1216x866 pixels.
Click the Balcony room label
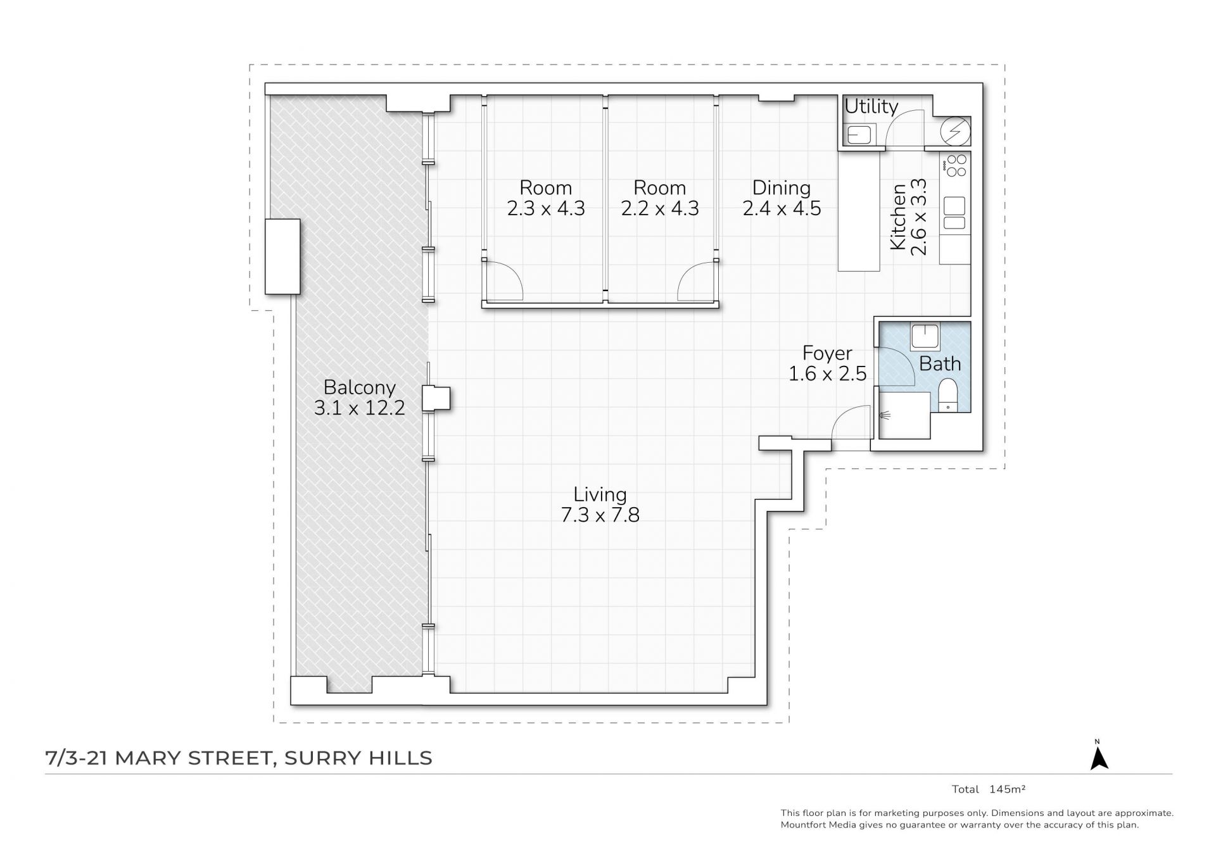[359, 387]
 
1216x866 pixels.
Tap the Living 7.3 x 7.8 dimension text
[600, 515]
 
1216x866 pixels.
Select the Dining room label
[782, 187]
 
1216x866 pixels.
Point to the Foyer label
[827, 353]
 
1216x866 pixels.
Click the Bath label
[940, 364]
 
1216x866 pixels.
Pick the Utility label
[871, 106]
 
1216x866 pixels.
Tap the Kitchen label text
[898, 217]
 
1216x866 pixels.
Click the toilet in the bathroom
[947, 394]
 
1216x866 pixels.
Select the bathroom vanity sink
[925, 337]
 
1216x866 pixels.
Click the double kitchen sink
[954, 213]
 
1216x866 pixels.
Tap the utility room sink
[859, 134]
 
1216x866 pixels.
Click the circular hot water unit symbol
[955, 131]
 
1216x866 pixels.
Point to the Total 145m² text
[989, 789]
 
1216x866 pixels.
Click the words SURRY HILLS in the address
[358, 758]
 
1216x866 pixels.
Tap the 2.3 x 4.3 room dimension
[546, 208]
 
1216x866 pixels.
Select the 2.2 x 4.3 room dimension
[660, 208]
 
